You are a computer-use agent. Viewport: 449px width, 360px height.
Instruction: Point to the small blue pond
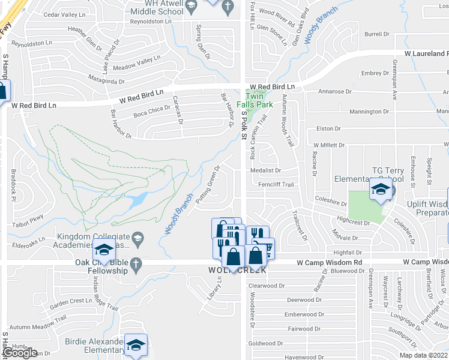tap(136, 199)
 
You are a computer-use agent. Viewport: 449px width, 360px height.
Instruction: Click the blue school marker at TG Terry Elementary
tap(380, 189)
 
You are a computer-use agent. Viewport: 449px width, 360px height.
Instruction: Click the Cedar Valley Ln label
tap(62, 14)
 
